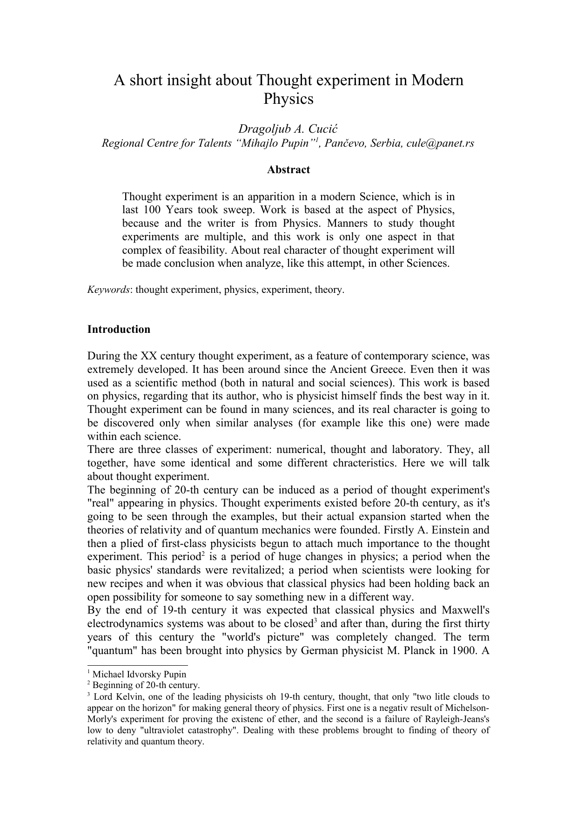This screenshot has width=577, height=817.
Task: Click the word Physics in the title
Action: pos(288,99)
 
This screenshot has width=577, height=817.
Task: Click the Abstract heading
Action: pos(288,170)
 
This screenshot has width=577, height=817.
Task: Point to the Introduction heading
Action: pos(119,330)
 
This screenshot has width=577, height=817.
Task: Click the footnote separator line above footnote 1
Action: pos(137,666)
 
